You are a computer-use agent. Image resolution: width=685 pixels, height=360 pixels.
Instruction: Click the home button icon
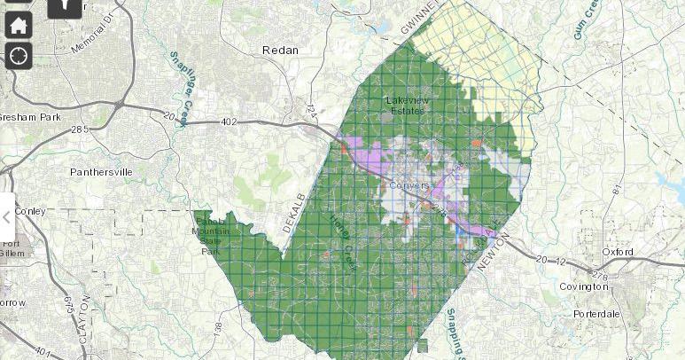pos(19,26)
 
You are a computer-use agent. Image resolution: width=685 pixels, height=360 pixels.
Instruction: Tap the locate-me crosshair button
pos(19,56)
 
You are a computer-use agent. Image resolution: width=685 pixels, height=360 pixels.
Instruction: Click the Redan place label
pos(280,51)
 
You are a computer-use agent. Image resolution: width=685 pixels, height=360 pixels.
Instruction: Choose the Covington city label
pos(583,286)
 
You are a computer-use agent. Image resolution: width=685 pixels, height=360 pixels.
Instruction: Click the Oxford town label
pos(618,252)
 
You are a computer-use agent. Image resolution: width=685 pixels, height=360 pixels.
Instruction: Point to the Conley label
pos(29,211)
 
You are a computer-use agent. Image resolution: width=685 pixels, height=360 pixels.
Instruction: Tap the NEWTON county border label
pos(494,251)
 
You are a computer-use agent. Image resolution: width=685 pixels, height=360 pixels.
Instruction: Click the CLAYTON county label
pos(86,315)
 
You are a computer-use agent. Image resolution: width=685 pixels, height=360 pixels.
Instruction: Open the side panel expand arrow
pos(7,217)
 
